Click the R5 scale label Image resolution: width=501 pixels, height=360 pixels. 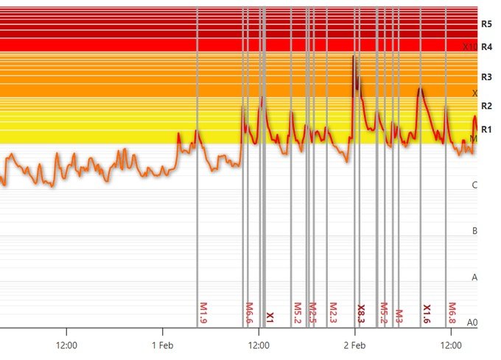click(x=486, y=24)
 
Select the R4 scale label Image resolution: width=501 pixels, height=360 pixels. click(x=486, y=46)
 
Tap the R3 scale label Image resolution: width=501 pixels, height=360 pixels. click(x=486, y=77)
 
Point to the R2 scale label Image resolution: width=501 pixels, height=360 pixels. click(x=486, y=106)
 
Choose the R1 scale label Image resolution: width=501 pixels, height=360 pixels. click(x=486, y=130)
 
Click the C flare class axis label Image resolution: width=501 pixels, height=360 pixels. click(x=474, y=185)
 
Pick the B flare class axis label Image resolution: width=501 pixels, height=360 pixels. click(x=474, y=231)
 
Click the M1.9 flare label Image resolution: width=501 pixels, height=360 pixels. click(x=204, y=312)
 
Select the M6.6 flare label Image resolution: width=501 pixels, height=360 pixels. click(x=250, y=312)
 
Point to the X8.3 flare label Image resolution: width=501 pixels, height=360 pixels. click(x=361, y=313)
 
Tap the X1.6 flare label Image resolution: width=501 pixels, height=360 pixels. click(x=427, y=313)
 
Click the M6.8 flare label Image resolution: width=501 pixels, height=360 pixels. click(x=452, y=312)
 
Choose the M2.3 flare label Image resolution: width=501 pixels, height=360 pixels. click(x=333, y=312)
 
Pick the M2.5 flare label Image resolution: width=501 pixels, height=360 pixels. click(x=312, y=312)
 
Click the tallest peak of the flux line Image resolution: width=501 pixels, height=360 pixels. click(x=354, y=57)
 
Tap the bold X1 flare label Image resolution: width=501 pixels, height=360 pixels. click(x=270, y=317)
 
